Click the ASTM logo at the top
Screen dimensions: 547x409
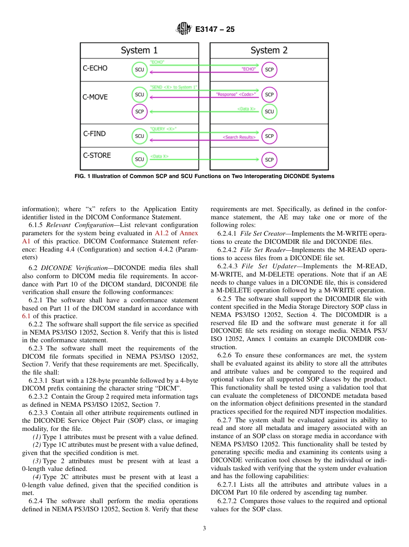(184, 29)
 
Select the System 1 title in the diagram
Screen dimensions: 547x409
(139, 50)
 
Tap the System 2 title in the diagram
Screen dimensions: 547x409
(269, 50)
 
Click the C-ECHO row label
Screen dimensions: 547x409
(95, 68)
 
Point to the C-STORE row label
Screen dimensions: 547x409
(97, 155)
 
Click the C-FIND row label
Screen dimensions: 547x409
(94, 134)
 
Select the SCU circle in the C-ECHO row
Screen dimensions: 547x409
(139, 70)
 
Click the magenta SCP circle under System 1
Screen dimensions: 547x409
(139, 111)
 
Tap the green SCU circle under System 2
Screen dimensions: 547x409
(269, 111)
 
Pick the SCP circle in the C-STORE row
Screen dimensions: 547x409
(269, 160)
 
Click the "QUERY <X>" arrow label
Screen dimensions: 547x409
(163, 129)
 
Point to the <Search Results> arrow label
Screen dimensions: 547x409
(239, 137)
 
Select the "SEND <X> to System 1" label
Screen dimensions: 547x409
(173, 87)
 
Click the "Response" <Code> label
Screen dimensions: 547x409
(235, 94)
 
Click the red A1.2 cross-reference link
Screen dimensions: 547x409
(162, 233)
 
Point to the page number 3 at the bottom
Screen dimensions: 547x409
(204, 529)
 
